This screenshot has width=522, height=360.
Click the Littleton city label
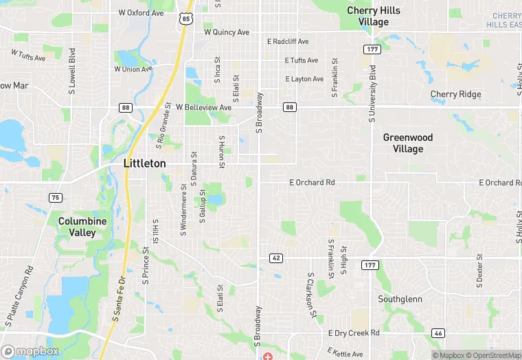[144, 164]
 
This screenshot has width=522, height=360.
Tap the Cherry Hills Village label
[374, 16]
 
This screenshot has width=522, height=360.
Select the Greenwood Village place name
[408, 143]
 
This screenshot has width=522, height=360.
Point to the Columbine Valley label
[82, 227]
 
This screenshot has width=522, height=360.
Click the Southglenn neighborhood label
[400, 300]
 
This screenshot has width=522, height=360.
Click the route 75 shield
[56, 198]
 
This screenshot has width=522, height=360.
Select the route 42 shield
[275, 258]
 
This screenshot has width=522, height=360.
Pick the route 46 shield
[438, 333]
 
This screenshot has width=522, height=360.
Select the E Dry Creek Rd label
[354, 333]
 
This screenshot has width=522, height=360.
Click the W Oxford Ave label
[141, 13]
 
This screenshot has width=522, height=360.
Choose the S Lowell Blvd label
[71, 66]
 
